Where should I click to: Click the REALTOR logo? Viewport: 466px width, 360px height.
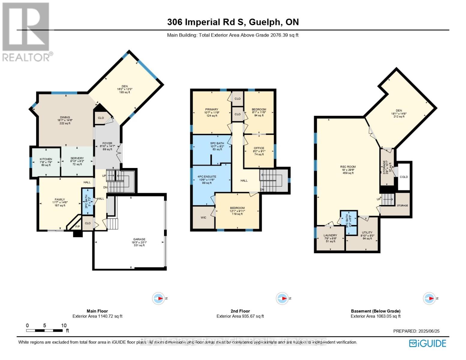tap(26, 31)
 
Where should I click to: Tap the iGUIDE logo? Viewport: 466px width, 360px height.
tap(428, 343)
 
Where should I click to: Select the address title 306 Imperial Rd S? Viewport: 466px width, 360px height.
tap(233, 22)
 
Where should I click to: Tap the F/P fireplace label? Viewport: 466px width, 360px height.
tap(77, 226)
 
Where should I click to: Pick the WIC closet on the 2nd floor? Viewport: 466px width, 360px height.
tap(203, 217)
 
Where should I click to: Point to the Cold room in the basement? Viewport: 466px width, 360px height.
tap(404, 177)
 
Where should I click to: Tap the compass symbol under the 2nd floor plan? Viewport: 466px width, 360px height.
tap(282, 298)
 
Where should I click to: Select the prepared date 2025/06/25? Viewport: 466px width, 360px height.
tap(416, 331)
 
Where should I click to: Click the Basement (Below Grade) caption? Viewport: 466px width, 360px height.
tap(375, 311)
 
